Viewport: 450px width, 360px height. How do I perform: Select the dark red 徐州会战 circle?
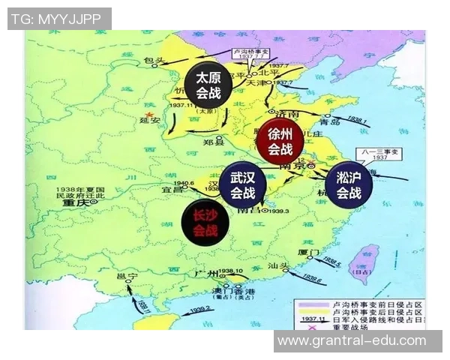click(280, 141)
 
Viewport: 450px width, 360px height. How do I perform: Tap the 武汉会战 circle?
click(241, 186)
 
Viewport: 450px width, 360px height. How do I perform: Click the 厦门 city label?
click(309, 251)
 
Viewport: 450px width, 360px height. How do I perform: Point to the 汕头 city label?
click(280, 266)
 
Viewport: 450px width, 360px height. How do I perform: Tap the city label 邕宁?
click(130, 276)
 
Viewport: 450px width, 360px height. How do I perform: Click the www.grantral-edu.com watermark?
click(352, 341)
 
